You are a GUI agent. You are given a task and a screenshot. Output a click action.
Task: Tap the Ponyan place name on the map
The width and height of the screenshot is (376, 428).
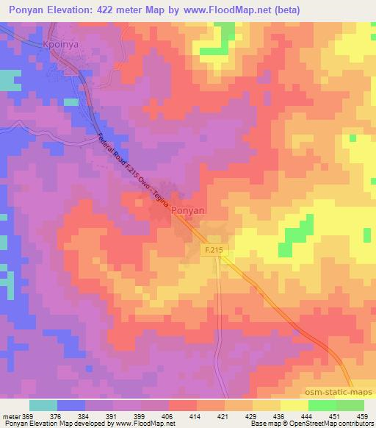[x=188, y=210]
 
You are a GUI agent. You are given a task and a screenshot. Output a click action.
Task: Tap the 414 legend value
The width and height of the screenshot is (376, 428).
[x=196, y=415]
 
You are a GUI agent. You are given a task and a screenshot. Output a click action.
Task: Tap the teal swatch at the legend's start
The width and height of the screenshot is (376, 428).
[x=43, y=405]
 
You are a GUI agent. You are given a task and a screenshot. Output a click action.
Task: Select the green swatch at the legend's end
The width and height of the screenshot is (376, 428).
[x=350, y=405]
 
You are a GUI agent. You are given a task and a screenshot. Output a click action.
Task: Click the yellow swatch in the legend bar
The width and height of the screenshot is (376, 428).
[x=294, y=405]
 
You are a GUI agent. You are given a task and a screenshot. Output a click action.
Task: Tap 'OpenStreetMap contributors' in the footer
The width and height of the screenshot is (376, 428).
[x=332, y=424]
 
